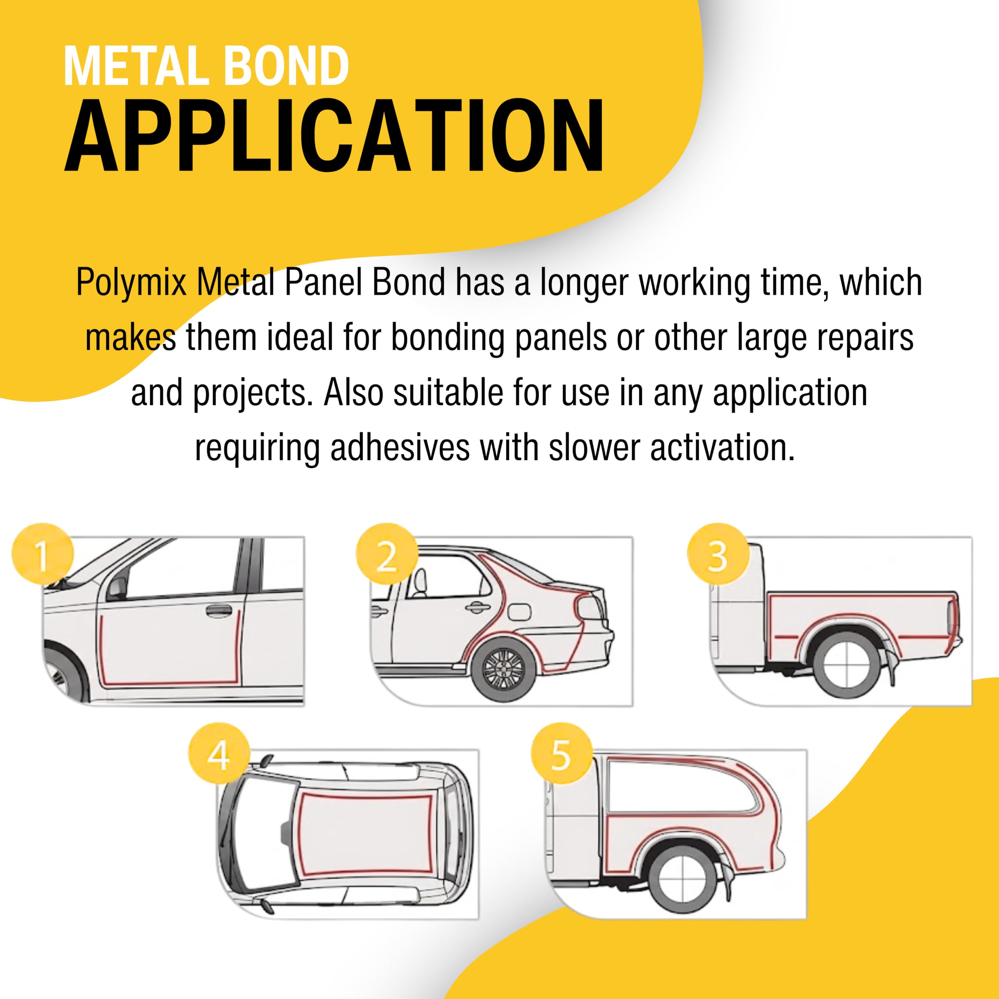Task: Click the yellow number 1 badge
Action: (43, 555)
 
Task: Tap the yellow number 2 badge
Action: (387, 555)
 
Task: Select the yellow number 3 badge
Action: (718, 555)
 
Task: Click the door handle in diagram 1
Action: (219, 611)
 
